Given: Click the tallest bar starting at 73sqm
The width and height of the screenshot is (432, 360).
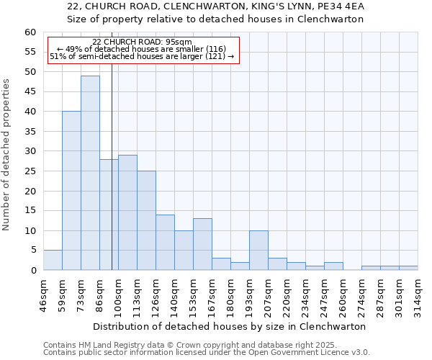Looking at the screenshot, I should tap(90, 173).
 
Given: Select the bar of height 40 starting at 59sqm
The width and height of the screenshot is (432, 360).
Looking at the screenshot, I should tap(71, 191).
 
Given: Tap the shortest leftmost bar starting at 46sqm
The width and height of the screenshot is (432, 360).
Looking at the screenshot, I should tap(53, 260).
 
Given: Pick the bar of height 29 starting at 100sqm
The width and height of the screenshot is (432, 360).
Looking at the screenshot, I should tap(127, 212).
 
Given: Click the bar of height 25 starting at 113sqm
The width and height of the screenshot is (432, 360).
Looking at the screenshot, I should tap(146, 220).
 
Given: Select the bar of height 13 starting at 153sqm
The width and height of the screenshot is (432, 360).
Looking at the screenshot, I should tap(202, 244).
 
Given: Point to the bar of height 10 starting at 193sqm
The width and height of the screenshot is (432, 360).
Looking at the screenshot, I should tap(258, 250).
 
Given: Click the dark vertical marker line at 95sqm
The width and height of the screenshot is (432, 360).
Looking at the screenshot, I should tap(112, 166).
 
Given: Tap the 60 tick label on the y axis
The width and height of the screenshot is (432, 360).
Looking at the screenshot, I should tap(30, 32).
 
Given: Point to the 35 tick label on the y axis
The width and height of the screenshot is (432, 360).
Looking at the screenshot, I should tap(30, 132).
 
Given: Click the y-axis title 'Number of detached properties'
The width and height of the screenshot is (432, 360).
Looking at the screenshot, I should tap(7, 155).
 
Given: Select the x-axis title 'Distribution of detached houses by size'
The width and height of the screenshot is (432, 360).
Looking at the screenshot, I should tap(230, 326).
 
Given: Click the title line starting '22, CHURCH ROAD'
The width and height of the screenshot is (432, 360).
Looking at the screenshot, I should tap(215, 6).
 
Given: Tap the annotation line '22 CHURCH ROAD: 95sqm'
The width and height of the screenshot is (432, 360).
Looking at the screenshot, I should tap(142, 42).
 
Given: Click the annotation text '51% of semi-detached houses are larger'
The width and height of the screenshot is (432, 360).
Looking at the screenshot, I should tap(142, 56).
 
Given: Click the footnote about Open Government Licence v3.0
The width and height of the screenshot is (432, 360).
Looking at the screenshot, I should tap(207, 353).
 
